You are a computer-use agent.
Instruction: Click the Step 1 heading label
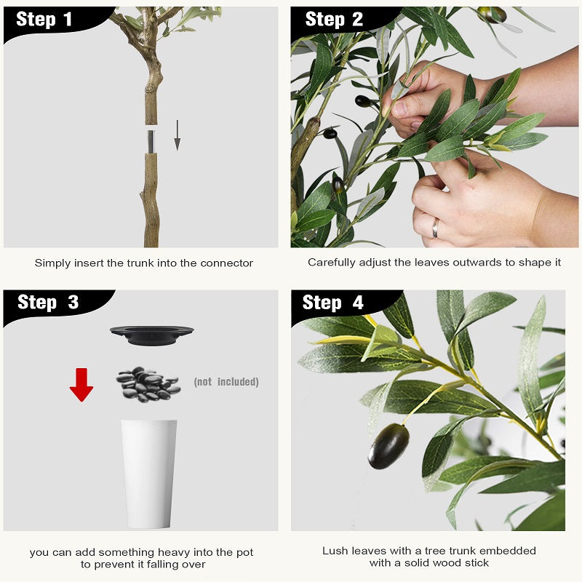[x=44, y=20]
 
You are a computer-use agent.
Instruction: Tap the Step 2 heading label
[x=334, y=20]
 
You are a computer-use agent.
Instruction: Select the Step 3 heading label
[x=48, y=302]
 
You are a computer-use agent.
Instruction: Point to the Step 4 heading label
[x=333, y=302]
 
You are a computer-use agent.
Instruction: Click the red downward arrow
[x=81, y=385]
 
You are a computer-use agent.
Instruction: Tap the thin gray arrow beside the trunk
[x=178, y=135]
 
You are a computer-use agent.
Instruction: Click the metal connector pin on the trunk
[x=151, y=141]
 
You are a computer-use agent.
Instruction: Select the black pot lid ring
[x=152, y=335]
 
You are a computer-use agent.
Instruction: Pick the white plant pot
[x=149, y=474]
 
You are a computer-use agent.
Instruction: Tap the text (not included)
[x=226, y=382]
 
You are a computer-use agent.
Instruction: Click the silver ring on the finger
[x=435, y=228]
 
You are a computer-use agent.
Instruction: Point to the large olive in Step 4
[x=388, y=446]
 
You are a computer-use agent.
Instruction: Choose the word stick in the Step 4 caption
[x=477, y=563]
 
